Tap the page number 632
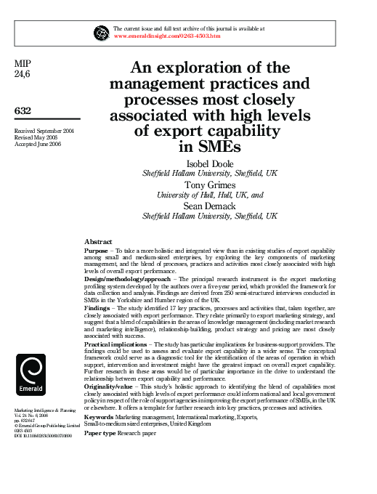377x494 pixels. [x=24, y=110]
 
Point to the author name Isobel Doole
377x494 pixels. [x=209, y=164]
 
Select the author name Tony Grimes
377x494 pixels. [x=209, y=185]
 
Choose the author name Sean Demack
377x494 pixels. [x=209, y=206]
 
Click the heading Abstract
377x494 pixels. [x=98, y=241]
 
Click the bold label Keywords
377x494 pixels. [x=99, y=418]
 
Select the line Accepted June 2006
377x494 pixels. [x=38, y=145]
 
